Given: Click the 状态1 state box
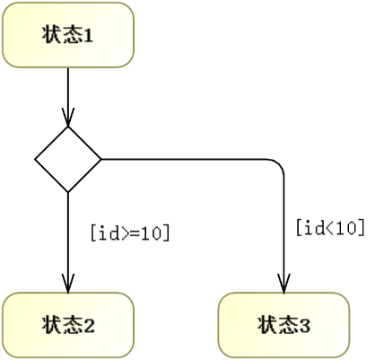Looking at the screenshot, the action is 68,35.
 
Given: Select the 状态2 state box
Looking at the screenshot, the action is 68,325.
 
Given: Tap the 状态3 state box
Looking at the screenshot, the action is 283,325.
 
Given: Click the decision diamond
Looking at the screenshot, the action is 68,159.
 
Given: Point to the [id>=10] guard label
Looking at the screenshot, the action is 130,233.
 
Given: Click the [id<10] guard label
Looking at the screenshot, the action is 330,228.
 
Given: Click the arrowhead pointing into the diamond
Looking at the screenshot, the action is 68,118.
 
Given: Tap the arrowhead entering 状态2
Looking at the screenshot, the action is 68,284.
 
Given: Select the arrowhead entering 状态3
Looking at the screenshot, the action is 283,284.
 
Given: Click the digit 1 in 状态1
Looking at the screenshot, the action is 88,36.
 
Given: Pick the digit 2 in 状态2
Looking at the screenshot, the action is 88,326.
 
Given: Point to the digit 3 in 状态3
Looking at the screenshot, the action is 304,326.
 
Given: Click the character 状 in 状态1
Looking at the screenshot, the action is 52,35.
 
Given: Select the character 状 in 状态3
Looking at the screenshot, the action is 267,325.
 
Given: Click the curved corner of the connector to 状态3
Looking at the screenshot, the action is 279,164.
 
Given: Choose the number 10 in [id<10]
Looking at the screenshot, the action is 347,228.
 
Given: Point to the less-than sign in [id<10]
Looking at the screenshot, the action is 330,228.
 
